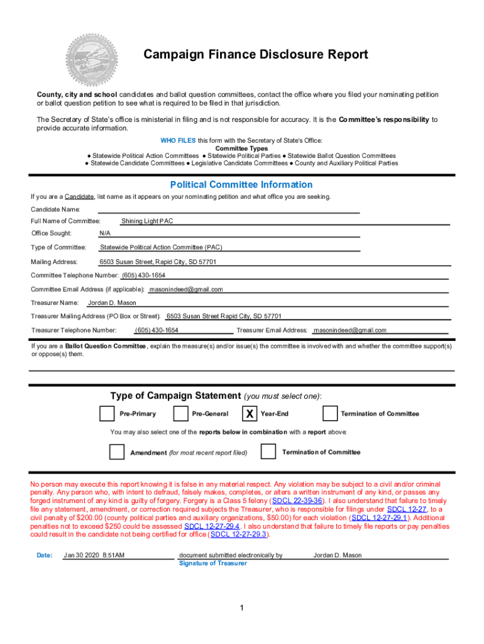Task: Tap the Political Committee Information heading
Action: tap(241, 184)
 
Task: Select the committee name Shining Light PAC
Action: tap(147, 221)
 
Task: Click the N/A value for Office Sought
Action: tap(105, 233)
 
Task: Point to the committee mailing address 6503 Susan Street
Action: tap(158, 262)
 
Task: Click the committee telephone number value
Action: tap(143, 275)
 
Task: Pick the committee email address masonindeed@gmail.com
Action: tap(185, 289)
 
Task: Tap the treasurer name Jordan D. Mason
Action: tap(112, 303)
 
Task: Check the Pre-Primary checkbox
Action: tap(107, 413)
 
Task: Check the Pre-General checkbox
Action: tap(180, 413)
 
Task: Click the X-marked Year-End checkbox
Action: tap(250, 413)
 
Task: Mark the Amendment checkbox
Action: tap(117, 452)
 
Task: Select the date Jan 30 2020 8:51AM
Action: tap(94, 555)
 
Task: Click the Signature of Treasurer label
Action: tap(212, 563)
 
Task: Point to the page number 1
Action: tap(241, 608)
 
